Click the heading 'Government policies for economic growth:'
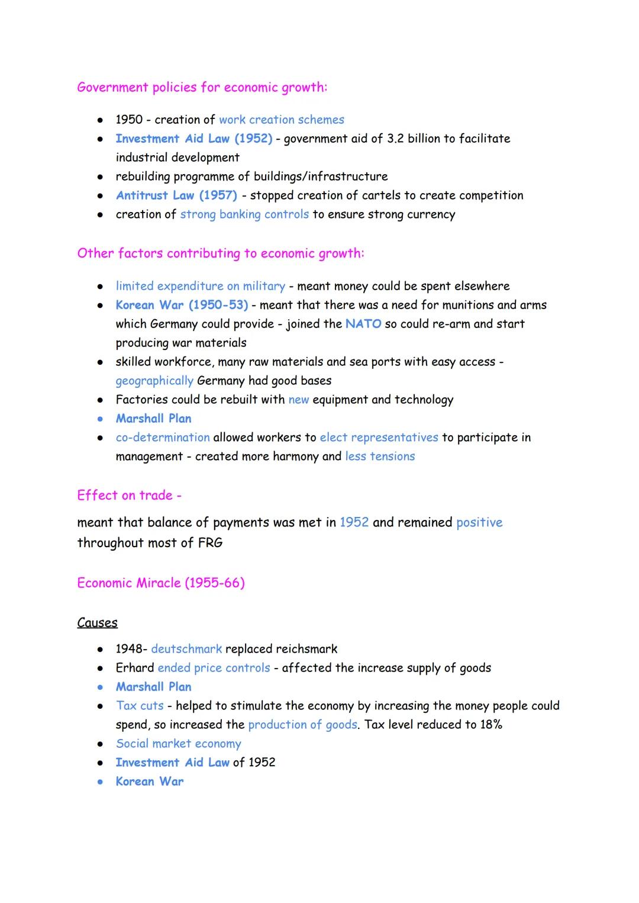[x=202, y=88]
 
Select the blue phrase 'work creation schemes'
[x=281, y=120]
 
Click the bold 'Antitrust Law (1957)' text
[x=176, y=195]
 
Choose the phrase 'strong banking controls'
[x=244, y=214]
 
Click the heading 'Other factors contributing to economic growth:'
[x=221, y=253]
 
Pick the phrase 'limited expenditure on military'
[x=200, y=286]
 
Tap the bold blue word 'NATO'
[x=363, y=324]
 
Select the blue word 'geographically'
[x=154, y=381]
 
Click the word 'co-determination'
[x=163, y=438]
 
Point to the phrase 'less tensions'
[x=380, y=457]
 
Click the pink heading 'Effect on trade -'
[x=129, y=495]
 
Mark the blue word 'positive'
[x=479, y=522]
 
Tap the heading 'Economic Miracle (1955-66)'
[x=160, y=583]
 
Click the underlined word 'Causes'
[x=97, y=623]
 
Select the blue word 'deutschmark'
[x=186, y=649]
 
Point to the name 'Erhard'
[x=135, y=668]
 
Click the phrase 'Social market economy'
[x=178, y=744]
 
